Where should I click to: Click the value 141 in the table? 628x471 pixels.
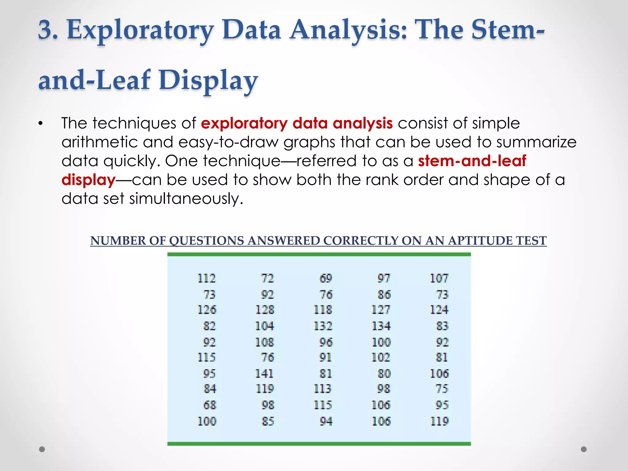[264, 373]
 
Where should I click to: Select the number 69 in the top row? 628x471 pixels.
[326, 278]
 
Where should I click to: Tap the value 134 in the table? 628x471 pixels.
[381, 326]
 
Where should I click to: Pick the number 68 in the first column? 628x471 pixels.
[210, 405]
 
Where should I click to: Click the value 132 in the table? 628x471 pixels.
[323, 326]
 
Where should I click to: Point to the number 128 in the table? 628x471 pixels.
[265, 310]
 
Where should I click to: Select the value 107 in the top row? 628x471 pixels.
[439, 278]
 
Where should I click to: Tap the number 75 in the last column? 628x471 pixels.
[442, 389]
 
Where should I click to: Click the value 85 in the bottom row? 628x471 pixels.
[268, 421]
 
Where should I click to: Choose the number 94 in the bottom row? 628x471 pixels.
[326, 421]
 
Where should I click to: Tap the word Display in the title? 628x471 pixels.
[208, 80]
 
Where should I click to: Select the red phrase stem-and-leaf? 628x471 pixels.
[472, 161]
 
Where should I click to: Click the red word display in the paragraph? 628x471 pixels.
[88, 180]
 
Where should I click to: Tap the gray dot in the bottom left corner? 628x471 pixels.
[42, 449]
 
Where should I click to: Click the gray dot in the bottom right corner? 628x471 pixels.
[584, 449]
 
